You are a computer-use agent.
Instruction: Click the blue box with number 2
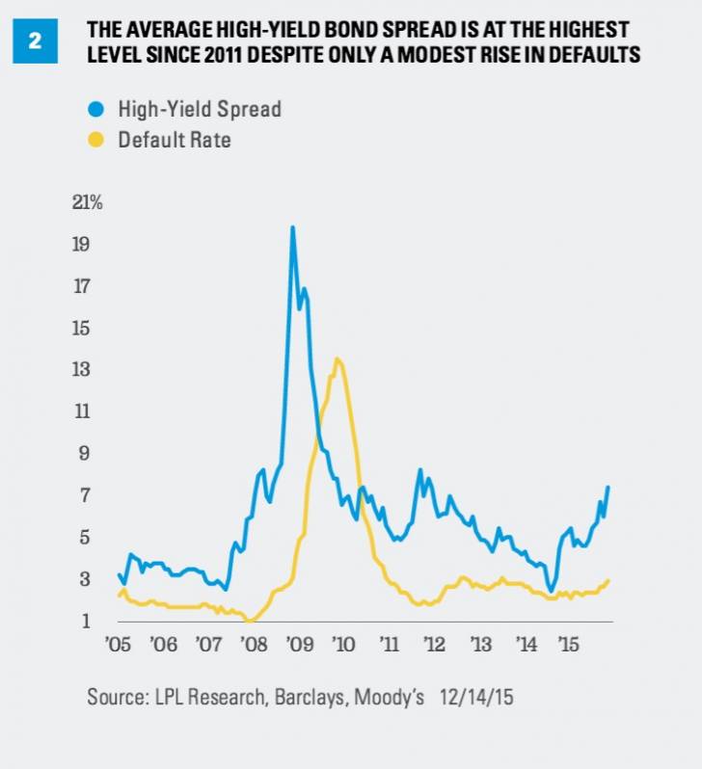[x=35, y=42]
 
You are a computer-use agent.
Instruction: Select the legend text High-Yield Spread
[x=200, y=109]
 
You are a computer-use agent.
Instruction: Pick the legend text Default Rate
[x=175, y=140]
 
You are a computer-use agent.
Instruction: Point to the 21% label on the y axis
[x=87, y=203]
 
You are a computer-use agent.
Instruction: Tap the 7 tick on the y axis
[x=84, y=495]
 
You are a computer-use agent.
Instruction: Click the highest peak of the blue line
[x=292, y=227]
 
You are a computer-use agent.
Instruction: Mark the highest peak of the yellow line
[x=337, y=359]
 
